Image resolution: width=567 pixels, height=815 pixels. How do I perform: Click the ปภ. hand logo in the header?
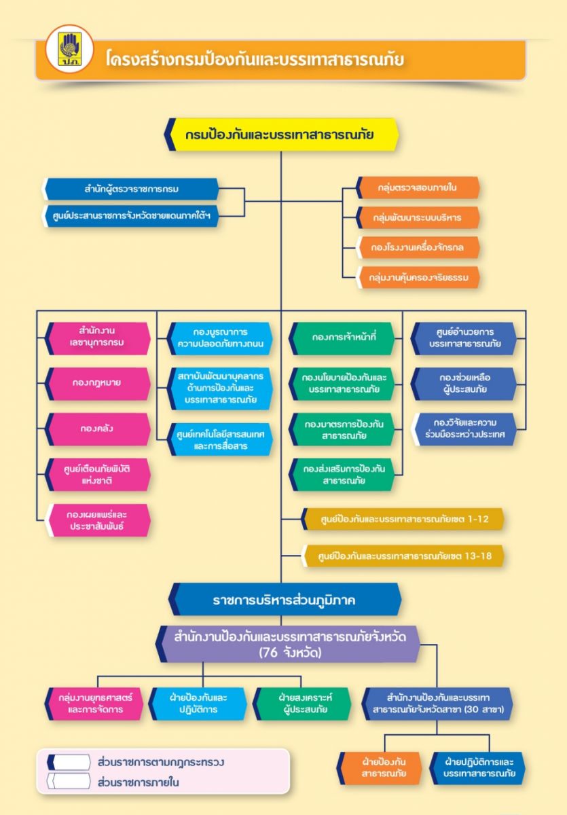(69, 49)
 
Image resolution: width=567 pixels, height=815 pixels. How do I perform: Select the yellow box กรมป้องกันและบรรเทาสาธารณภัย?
(281, 134)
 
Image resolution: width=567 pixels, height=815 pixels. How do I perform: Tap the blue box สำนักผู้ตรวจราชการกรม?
(131, 189)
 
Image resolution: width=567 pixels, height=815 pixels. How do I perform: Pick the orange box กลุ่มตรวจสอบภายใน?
(418, 187)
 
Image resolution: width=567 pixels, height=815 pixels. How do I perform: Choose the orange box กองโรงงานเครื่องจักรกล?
(418, 247)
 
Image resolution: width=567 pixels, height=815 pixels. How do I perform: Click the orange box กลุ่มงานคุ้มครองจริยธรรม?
(418, 277)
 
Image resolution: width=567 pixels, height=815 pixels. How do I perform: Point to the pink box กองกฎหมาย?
(97, 384)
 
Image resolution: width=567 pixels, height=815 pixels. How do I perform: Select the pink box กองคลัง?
(97, 429)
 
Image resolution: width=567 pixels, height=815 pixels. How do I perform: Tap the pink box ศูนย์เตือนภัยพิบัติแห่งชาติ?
(97, 475)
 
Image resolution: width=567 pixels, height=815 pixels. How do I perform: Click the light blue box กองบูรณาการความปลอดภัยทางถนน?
(219, 338)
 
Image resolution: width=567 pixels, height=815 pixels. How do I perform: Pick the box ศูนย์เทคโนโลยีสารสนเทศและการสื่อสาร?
(219, 439)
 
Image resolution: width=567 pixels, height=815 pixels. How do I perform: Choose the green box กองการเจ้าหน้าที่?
(342, 338)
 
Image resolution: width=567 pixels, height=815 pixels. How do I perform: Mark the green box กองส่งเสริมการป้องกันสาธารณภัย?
(342, 475)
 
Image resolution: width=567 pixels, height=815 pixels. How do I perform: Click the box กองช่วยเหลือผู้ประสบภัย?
(464, 384)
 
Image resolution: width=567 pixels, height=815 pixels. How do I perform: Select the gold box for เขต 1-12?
(402, 519)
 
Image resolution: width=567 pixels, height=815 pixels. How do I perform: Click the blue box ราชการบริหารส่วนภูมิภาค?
(285, 599)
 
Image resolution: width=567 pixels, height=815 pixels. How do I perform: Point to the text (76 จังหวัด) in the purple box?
(290, 653)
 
